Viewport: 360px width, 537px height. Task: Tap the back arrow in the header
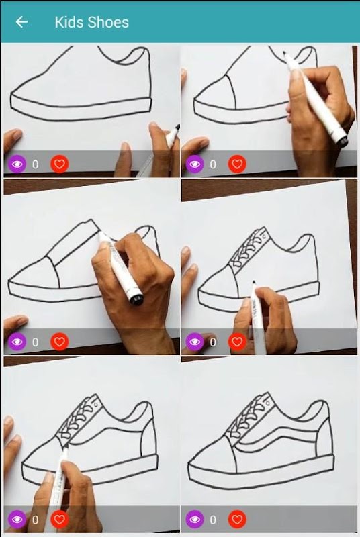[x=21, y=22]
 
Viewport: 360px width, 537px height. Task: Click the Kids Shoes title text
[x=92, y=22]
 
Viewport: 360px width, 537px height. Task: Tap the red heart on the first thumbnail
[x=60, y=164]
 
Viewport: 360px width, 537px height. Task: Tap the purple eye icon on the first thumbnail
[x=17, y=164]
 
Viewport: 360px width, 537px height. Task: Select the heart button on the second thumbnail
[x=237, y=164]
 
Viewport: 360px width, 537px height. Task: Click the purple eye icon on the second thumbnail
[x=195, y=164]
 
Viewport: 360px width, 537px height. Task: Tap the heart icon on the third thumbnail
[x=60, y=342]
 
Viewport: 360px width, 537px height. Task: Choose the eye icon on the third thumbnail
[x=17, y=342]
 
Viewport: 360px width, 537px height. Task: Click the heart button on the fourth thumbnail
[x=237, y=342]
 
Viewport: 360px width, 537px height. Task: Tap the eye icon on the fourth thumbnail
[x=195, y=342]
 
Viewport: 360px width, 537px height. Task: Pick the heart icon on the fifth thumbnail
[x=60, y=519]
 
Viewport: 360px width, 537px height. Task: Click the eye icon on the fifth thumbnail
[x=17, y=519]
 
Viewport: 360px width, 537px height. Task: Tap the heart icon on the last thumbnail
[x=237, y=519]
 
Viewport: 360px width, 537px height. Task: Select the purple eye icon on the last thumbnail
[x=195, y=519]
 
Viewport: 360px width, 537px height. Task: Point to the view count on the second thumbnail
[x=213, y=164]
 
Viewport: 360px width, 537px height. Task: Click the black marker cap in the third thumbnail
[x=136, y=299]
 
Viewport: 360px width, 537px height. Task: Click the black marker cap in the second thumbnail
[x=342, y=140]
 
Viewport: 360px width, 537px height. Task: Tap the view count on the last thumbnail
[x=213, y=520]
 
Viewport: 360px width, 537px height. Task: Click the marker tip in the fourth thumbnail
[x=254, y=283]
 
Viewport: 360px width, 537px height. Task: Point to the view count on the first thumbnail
[x=36, y=164]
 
